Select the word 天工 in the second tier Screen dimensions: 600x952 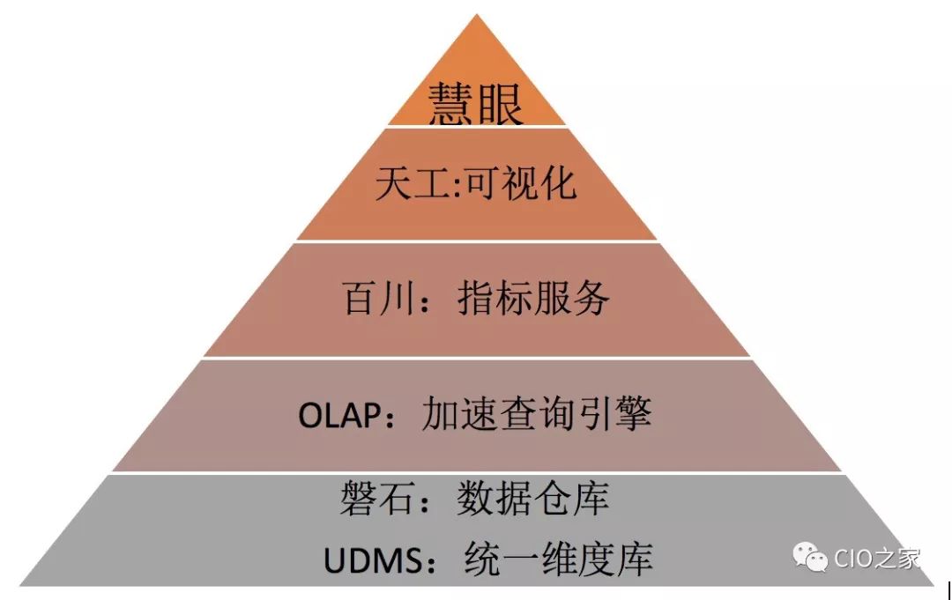click(x=412, y=184)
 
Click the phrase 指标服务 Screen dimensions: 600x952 click(x=534, y=299)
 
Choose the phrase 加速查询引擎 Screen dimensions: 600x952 click(x=537, y=413)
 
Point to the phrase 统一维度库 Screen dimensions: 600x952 click(x=557, y=559)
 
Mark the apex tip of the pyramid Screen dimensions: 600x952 click(x=477, y=16)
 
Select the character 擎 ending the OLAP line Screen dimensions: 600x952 click(x=633, y=413)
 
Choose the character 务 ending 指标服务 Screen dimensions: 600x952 click(x=591, y=299)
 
